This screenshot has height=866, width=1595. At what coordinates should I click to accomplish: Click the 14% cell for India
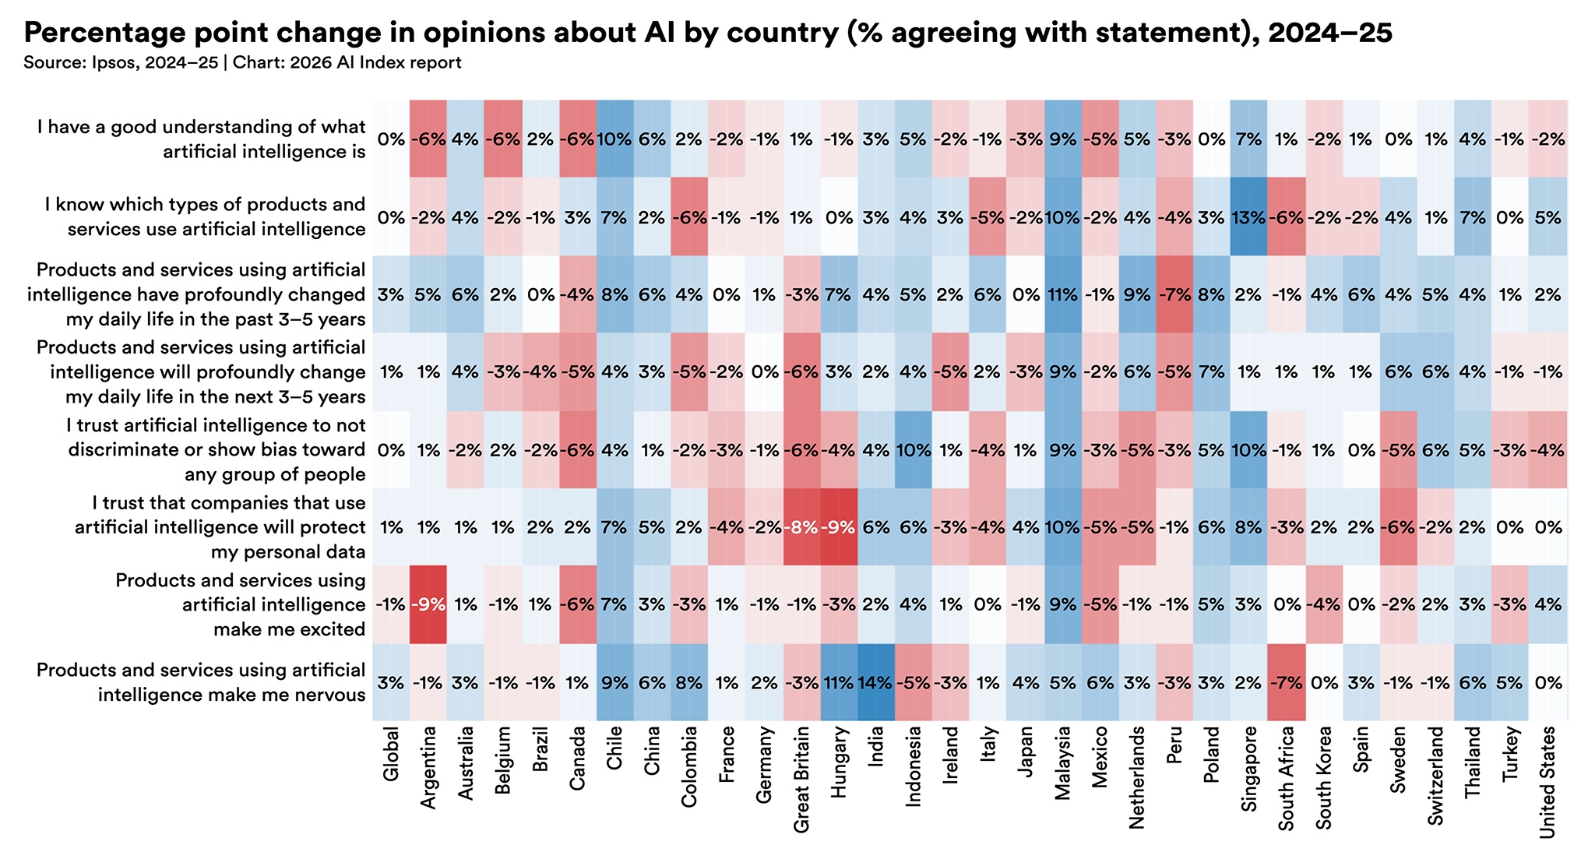point(875,683)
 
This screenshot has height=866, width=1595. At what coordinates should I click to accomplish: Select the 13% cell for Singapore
point(1248,217)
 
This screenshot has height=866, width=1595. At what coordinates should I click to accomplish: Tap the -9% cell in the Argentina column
point(428,605)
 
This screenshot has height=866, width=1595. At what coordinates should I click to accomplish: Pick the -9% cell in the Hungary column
point(838,528)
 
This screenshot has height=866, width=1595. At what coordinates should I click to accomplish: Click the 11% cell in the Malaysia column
point(1062,295)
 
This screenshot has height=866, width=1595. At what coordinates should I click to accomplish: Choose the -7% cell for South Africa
point(1286,683)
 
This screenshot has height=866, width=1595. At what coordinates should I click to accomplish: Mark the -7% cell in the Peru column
point(1174,295)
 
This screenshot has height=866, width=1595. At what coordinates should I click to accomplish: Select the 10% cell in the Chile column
point(614,139)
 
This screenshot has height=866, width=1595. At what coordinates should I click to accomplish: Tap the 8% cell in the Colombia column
point(689,683)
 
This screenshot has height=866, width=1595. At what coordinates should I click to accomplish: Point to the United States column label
point(1547,782)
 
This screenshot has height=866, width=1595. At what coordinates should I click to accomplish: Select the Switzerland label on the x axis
point(1435,776)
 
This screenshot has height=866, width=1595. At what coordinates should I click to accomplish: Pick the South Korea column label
point(1323,777)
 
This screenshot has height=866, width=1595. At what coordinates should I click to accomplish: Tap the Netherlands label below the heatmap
point(1137,774)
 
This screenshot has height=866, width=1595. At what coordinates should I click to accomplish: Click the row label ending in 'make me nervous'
point(201,682)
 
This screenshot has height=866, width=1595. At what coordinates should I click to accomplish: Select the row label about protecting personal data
point(220,528)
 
